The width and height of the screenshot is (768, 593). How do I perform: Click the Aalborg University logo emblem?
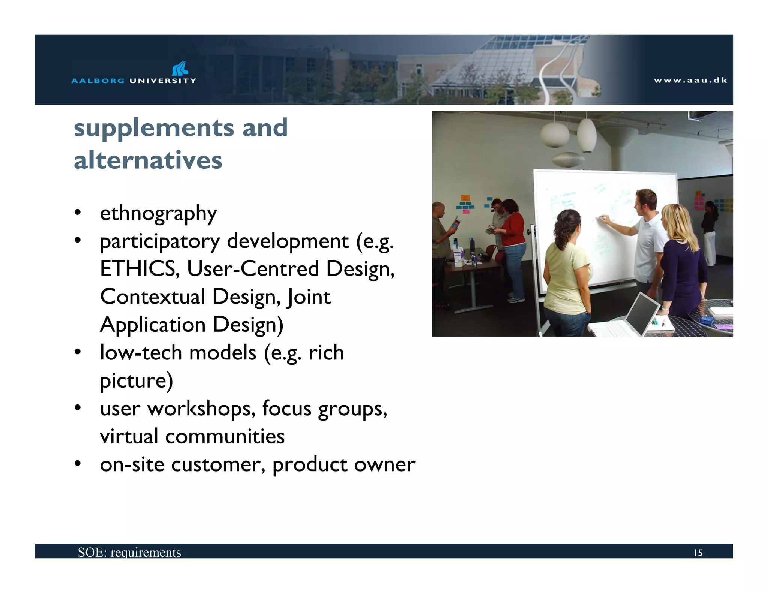pyautogui.click(x=180, y=69)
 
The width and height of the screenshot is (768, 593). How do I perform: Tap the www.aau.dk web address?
pyautogui.click(x=690, y=80)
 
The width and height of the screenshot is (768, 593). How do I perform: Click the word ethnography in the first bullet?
pyautogui.click(x=158, y=214)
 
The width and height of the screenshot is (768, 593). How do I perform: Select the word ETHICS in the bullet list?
pyautogui.click(x=138, y=269)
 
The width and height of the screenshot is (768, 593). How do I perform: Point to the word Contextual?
pyautogui.click(x=152, y=296)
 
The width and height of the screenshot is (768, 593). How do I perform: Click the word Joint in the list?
pyautogui.click(x=309, y=297)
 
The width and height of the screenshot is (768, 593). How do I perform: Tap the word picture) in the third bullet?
pyautogui.click(x=136, y=381)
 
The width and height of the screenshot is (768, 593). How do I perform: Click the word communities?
pyautogui.click(x=225, y=436)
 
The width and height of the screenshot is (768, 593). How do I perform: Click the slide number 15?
pyautogui.click(x=697, y=553)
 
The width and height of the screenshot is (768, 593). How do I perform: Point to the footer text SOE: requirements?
pyautogui.click(x=129, y=552)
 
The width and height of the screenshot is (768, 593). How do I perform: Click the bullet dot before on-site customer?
pyautogui.click(x=78, y=464)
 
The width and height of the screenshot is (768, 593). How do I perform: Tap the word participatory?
pyautogui.click(x=159, y=241)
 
